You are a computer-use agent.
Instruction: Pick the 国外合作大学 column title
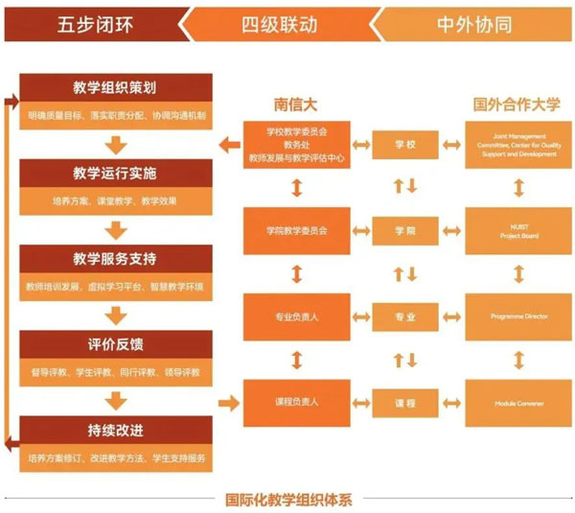[517, 103]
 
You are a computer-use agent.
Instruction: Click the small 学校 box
[405, 145]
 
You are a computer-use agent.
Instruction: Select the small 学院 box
[405, 231]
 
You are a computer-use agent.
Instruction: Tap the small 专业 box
[405, 315]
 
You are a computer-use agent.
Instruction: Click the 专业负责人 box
[297, 315]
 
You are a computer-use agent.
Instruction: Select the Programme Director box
[517, 315]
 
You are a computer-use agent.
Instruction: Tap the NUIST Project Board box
[517, 231]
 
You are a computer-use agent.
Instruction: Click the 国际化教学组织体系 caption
[289, 499]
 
